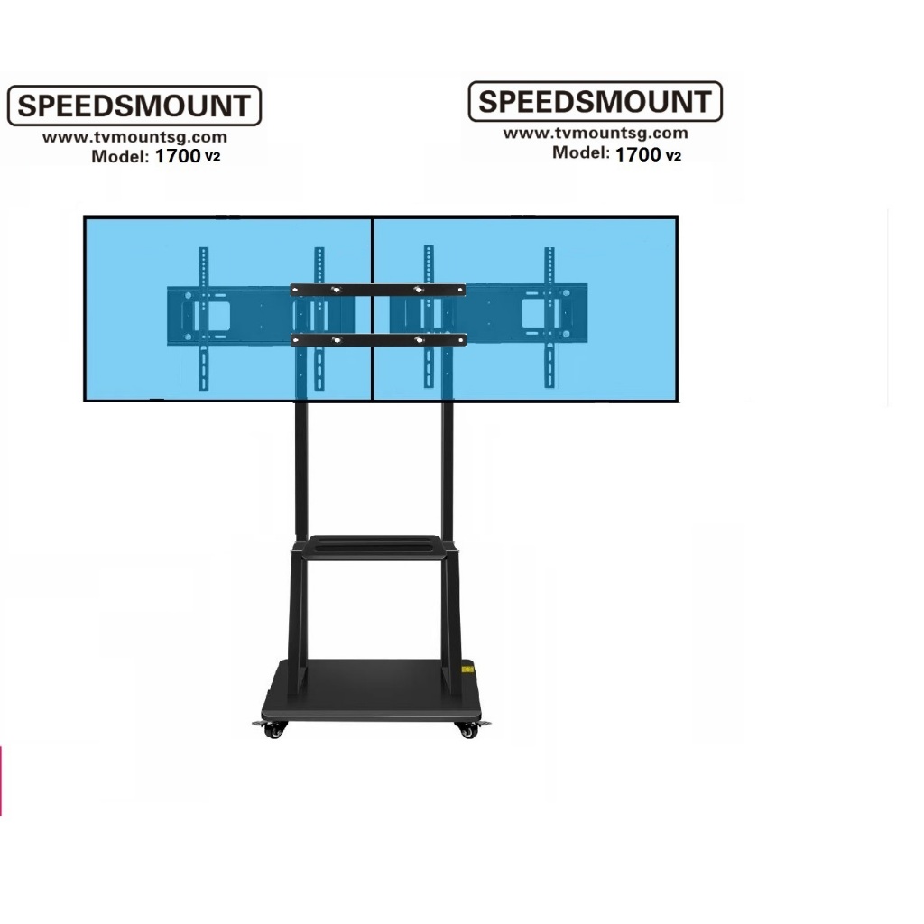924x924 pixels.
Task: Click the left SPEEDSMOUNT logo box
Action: [134, 106]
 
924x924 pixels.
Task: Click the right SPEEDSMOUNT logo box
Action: [596, 101]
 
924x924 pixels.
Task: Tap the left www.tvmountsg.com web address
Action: [134, 137]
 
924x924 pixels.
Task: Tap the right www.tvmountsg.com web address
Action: [596, 134]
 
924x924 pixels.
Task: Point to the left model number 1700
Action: [178, 156]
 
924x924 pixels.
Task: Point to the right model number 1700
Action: [638, 154]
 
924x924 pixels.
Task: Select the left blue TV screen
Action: [228, 309]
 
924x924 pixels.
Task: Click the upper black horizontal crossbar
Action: [378, 290]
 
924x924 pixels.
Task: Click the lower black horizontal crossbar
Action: [378, 339]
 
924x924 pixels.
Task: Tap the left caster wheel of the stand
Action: [273, 729]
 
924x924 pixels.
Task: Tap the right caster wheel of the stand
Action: [468, 730]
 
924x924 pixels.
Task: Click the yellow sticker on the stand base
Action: [467, 670]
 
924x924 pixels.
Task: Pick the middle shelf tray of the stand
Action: [374, 547]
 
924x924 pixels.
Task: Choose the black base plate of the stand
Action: [371, 690]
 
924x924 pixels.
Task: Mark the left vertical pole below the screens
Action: [301, 469]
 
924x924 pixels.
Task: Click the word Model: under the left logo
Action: [120, 157]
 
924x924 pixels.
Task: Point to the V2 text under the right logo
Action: [673, 156]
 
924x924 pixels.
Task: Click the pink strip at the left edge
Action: [1, 781]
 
